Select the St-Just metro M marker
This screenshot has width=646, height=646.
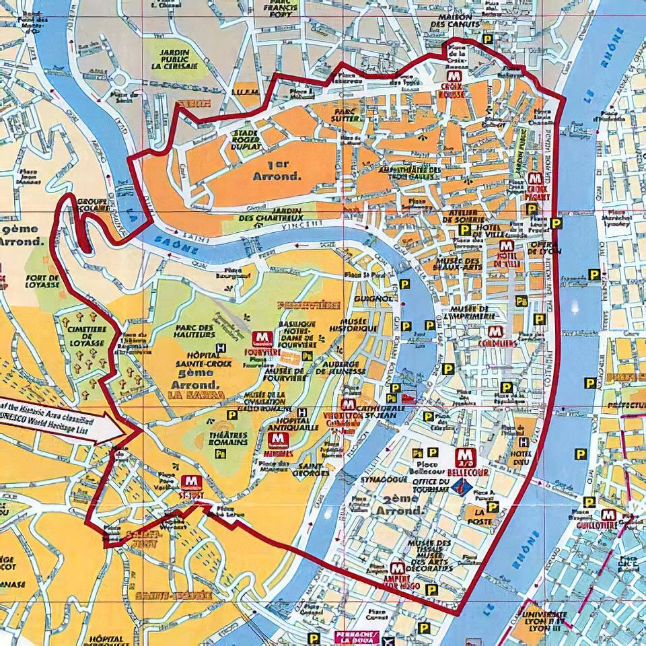click(190, 482)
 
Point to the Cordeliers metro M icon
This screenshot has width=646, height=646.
click(495, 332)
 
